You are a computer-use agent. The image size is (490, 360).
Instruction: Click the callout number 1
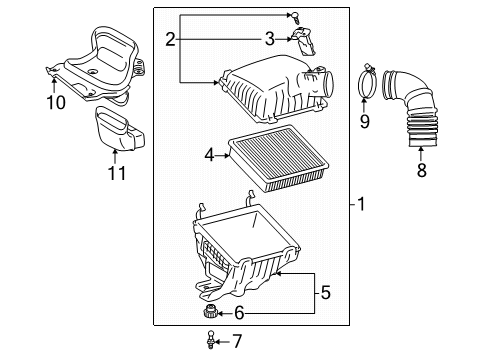pyautogui.click(x=361, y=204)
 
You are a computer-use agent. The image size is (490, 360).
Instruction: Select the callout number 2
pyautogui.click(x=170, y=39)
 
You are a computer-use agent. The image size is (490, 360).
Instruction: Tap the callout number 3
pyautogui.click(x=270, y=39)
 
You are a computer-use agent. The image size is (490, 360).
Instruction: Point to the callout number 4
pyautogui.click(x=209, y=155)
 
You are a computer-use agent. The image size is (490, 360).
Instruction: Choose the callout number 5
pyautogui.click(x=325, y=292)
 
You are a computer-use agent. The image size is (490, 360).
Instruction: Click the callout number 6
pyautogui.click(x=239, y=313)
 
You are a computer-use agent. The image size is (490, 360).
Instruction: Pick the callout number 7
pyautogui.click(x=237, y=341)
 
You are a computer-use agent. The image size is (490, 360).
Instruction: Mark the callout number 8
pyautogui.click(x=422, y=170)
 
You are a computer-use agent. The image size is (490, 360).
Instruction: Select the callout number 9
pyautogui.click(x=365, y=121)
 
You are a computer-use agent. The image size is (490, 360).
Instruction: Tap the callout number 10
pyautogui.click(x=56, y=102)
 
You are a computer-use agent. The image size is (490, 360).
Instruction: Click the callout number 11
pyautogui.click(x=117, y=173)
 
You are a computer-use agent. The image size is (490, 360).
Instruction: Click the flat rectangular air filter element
pyautogui.click(x=278, y=158)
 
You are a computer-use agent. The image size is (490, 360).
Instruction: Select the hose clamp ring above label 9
pyautogui.click(x=366, y=82)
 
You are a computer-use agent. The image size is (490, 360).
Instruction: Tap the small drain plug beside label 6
pyautogui.click(x=209, y=312)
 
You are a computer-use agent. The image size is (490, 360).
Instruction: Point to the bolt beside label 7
pyautogui.click(x=210, y=339)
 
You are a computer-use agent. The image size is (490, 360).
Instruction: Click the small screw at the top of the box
pyautogui.click(x=295, y=17)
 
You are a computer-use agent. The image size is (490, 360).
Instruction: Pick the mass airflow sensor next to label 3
pyautogui.click(x=303, y=42)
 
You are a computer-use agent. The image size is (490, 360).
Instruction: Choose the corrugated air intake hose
pyautogui.click(x=410, y=107)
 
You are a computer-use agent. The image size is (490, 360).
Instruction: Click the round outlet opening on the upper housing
pyautogui.click(x=328, y=84)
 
